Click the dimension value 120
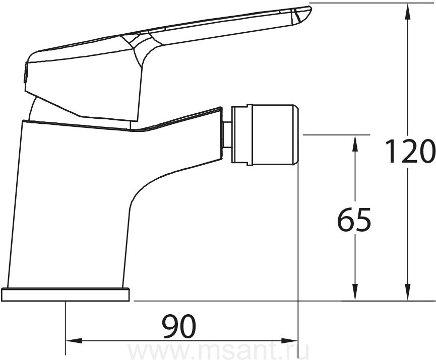coord(410,152)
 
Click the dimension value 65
coord(354,219)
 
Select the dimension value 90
coord(179,327)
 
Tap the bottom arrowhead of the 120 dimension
coord(408,292)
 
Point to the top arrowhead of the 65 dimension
coord(355,143)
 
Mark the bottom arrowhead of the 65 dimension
coord(355,292)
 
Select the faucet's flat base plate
coord(66,295)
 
